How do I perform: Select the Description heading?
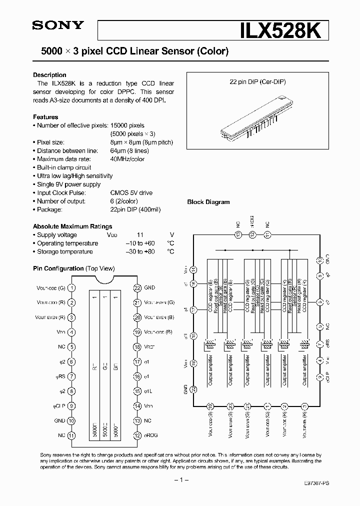pyautogui.click(x=49, y=75)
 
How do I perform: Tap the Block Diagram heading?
pyautogui.click(x=208, y=202)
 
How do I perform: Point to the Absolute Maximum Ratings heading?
pyautogui.click(x=72, y=226)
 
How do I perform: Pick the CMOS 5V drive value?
pyautogui.click(x=131, y=192)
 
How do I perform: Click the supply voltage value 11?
pyautogui.click(x=140, y=235)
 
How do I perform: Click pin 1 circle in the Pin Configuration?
pyautogui.click(x=72, y=287)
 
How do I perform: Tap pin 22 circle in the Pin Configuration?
pyautogui.click(x=136, y=287)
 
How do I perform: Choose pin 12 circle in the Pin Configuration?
pyautogui.click(x=136, y=435)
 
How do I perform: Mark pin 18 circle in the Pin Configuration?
pyautogui.click(x=136, y=346)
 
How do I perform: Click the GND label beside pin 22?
pyautogui.click(x=149, y=287)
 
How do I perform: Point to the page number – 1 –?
pyautogui.click(x=180, y=480)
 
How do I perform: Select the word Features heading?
pyautogui.click(x=45, y=117)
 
